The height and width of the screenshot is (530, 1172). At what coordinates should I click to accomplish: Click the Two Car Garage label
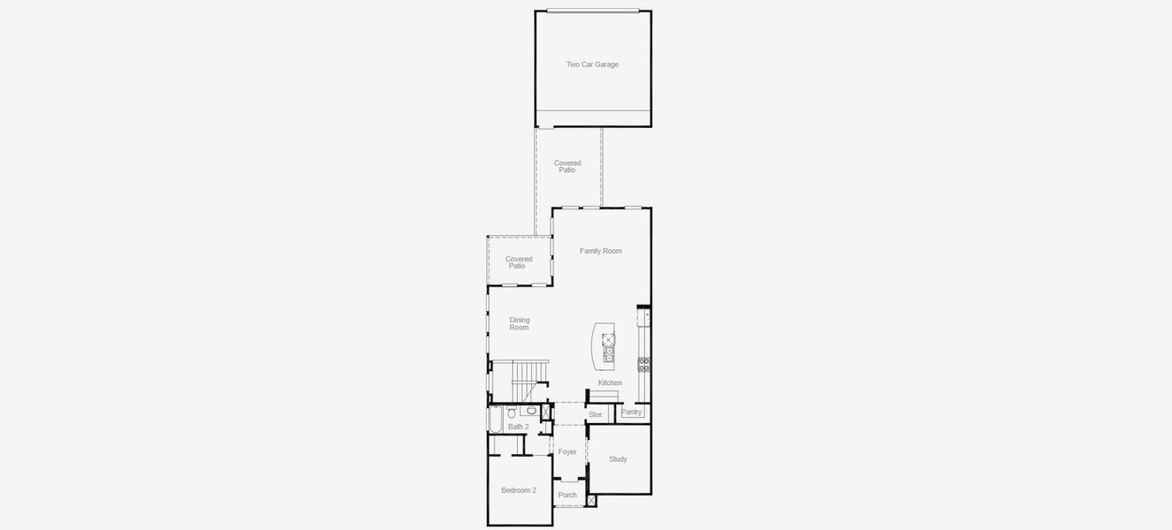tap(592, 64)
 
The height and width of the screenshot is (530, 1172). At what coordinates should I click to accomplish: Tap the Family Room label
tap(600, 251)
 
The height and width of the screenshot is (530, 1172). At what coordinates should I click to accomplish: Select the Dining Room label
tap(519, 323)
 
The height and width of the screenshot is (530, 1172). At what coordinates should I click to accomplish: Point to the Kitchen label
tap(610, 382)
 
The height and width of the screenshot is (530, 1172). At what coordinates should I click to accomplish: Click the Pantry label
tap(631, 412)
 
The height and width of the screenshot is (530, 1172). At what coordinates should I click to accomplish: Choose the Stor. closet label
tap(596, 414)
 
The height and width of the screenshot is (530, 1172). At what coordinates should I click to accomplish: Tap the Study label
tap(618, 459)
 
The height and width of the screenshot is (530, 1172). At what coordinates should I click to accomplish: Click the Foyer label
tap(567, 452)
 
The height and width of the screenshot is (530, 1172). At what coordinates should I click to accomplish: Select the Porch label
tap(567, 496)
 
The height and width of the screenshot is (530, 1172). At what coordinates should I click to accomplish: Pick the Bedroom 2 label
tap(519, 490)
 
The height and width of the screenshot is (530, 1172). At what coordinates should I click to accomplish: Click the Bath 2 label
tap(518, 427)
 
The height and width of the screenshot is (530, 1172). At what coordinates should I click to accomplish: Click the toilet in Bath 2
tap(512, 412)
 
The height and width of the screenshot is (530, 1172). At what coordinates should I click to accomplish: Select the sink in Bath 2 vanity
tap(530, 411)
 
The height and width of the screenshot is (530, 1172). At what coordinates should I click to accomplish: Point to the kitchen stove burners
tap(644, 363)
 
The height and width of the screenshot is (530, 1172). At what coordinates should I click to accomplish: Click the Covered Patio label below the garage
tap(567, 166)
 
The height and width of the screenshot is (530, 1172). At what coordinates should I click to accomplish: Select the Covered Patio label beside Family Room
tap(519, 262)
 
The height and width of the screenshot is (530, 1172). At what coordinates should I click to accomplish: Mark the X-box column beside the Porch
tap(591, 501)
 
